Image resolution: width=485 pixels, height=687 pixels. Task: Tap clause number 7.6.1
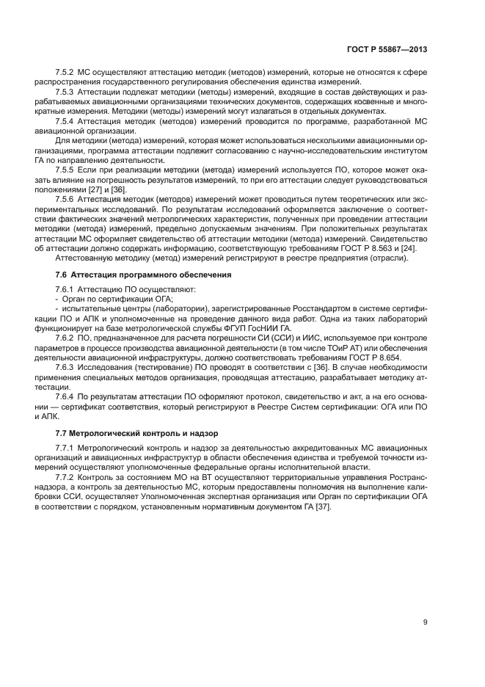66,288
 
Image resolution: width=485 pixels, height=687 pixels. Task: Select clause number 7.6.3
66,366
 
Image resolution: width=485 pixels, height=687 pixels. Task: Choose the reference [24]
404,248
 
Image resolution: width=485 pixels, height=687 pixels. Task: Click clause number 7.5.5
66,168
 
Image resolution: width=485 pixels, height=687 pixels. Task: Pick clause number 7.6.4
66,395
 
